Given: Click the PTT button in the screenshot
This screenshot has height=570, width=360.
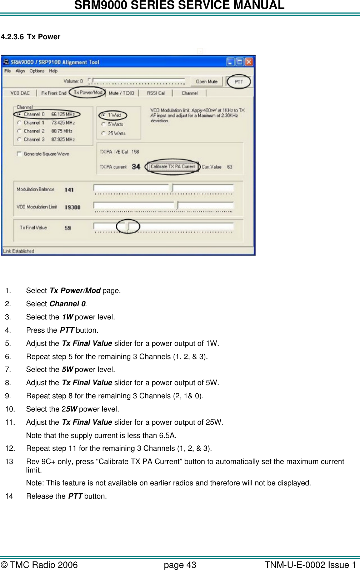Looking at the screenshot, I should point(239,82).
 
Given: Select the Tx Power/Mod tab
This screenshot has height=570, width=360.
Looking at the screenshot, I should point(88,92).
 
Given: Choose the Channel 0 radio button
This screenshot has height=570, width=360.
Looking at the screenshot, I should point(19,115).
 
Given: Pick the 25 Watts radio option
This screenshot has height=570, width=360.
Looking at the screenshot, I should point(104,133).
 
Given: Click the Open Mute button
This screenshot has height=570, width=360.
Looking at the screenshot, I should point(206,82).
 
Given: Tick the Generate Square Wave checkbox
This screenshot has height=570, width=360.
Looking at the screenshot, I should point(19,154).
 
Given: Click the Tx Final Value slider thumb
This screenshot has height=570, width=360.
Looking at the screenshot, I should point(128,226).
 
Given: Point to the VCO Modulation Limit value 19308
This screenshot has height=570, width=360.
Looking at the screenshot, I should point(72,207).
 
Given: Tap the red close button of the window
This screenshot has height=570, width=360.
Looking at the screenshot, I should point(249,62).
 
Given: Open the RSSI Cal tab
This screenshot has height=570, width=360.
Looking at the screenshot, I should point(156,93).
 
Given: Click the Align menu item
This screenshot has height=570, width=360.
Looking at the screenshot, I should point(20,71).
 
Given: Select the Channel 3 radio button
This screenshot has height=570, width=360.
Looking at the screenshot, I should point(19,140).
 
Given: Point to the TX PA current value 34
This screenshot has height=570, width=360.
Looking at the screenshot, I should point(136,167).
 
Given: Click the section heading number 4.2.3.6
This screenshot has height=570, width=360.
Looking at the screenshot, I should point(12,37).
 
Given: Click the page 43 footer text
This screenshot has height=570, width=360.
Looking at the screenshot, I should point(180,565).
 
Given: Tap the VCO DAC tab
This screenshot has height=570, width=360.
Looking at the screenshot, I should point(20,93).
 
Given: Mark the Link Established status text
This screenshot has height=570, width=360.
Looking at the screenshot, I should point(19,251).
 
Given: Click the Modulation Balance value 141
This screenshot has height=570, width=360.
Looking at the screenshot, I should point(69,190).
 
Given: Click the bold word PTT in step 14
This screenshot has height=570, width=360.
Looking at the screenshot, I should point(75,496).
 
